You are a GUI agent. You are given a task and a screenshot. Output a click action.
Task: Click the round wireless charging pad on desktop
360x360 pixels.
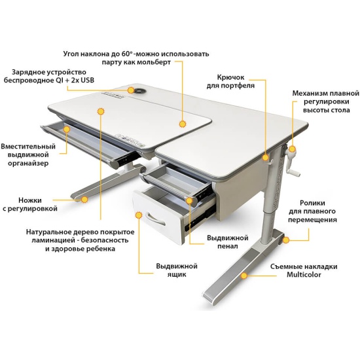coord(139,91)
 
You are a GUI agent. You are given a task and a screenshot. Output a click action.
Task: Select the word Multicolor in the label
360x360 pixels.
coord(304,275)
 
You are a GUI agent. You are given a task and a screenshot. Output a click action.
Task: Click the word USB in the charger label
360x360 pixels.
coord(88,80)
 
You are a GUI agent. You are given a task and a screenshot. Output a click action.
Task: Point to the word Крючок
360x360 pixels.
coord(230,77)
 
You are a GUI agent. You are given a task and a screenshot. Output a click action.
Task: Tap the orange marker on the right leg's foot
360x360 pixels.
coord(244,276)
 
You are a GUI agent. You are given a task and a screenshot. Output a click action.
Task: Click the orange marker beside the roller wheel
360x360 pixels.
coord(286,240)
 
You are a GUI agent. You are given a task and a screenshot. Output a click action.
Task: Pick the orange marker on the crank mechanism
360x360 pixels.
coord(292,149)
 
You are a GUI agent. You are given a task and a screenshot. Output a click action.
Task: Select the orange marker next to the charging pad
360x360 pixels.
coord(131,90)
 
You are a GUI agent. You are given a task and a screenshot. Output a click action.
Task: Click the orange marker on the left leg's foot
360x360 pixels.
coord(84,200)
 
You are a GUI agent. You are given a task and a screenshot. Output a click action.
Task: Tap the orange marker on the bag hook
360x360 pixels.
coord(266,158)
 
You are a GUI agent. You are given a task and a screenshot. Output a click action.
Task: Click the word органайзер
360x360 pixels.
coord(28,163)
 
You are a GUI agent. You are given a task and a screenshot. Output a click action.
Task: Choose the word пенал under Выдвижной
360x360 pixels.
coord(228,246)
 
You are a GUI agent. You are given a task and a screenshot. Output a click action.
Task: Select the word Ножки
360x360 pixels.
coord(30,200)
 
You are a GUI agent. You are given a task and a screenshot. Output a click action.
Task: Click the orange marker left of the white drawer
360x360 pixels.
coord(139,215)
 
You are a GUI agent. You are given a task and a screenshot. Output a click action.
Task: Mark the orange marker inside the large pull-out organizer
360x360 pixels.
coord(67,129)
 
